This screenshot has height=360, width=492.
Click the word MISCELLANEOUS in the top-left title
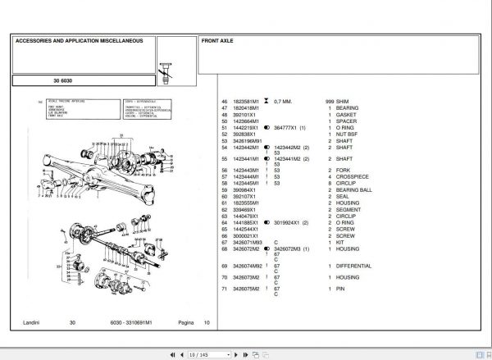click(120, 40)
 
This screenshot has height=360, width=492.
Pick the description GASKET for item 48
click(346, 114)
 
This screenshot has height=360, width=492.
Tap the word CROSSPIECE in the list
click(352, 176)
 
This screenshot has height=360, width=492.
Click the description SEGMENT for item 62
click(348, 209)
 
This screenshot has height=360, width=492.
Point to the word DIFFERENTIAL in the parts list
click(354, 266)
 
